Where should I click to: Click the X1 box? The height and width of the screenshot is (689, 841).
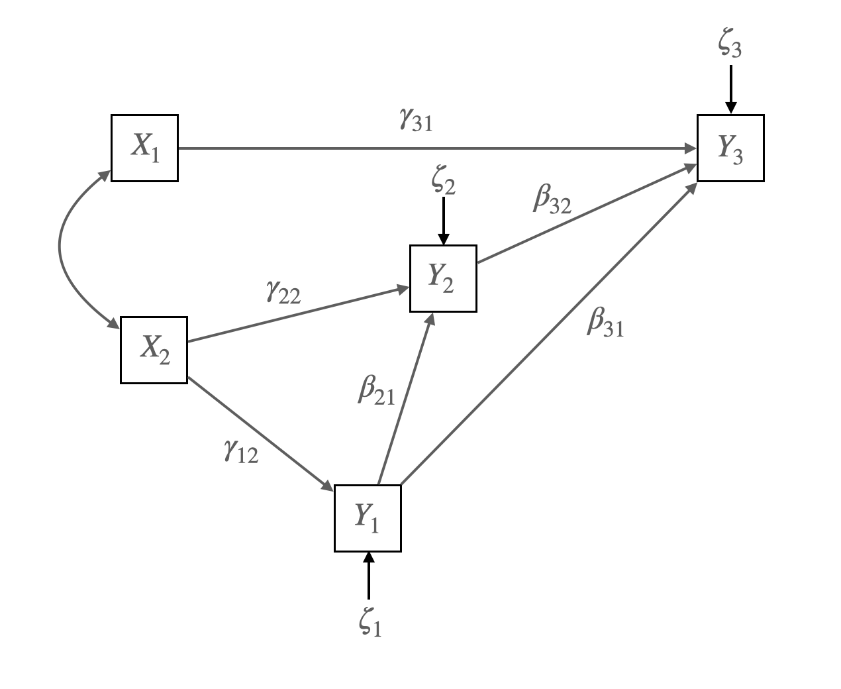(144, 148)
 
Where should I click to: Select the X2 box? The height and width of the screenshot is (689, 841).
(154, 350)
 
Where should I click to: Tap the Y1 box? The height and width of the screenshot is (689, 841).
(368, 518)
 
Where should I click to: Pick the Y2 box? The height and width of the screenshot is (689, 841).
(443, 278)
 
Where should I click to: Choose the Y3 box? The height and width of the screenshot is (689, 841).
(730, 148)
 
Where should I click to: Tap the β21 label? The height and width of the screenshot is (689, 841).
(376, 390)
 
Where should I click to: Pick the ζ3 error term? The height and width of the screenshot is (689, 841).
(730, 46)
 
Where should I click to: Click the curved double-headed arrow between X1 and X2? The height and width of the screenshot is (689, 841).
(60, 248)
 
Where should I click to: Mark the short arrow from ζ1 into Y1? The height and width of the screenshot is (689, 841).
(368, 576)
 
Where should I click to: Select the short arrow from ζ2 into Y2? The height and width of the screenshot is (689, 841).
(443, 222)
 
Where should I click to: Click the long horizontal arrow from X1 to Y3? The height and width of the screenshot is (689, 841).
(437, 148)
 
